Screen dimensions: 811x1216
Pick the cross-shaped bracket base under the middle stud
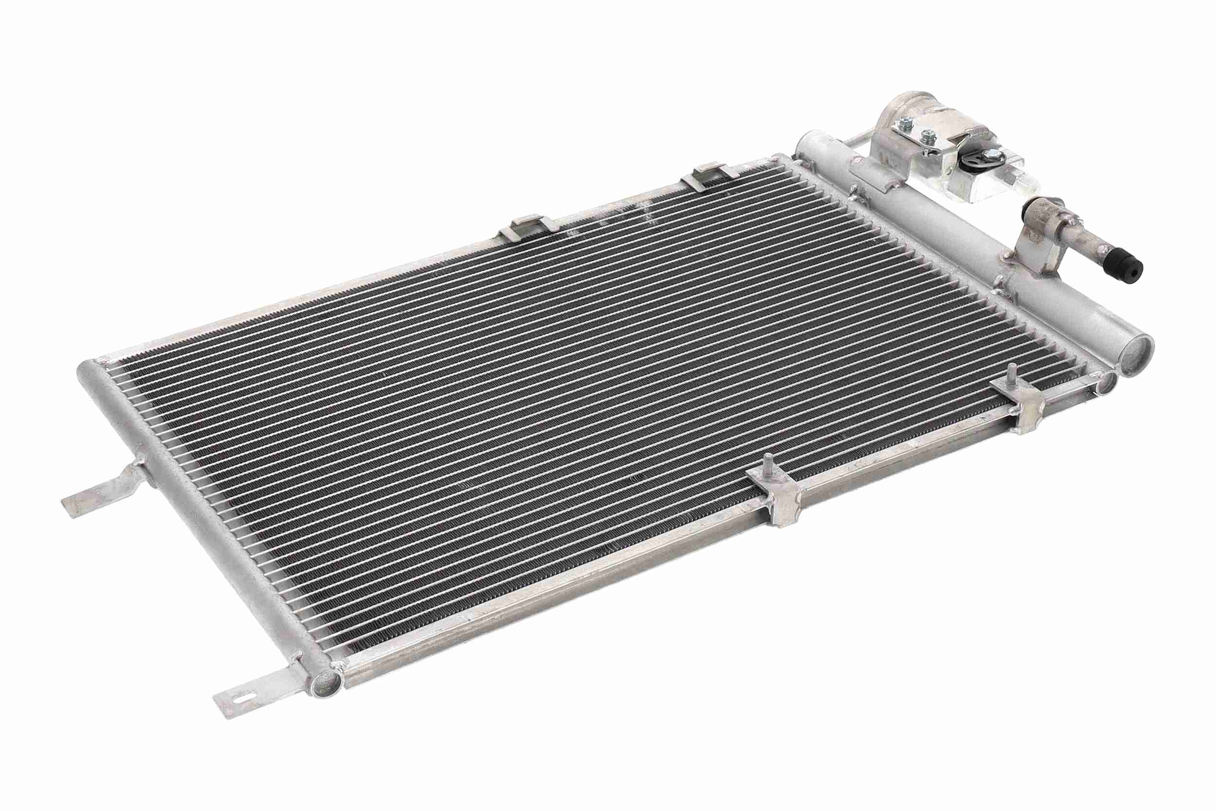[x=780, y=497]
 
